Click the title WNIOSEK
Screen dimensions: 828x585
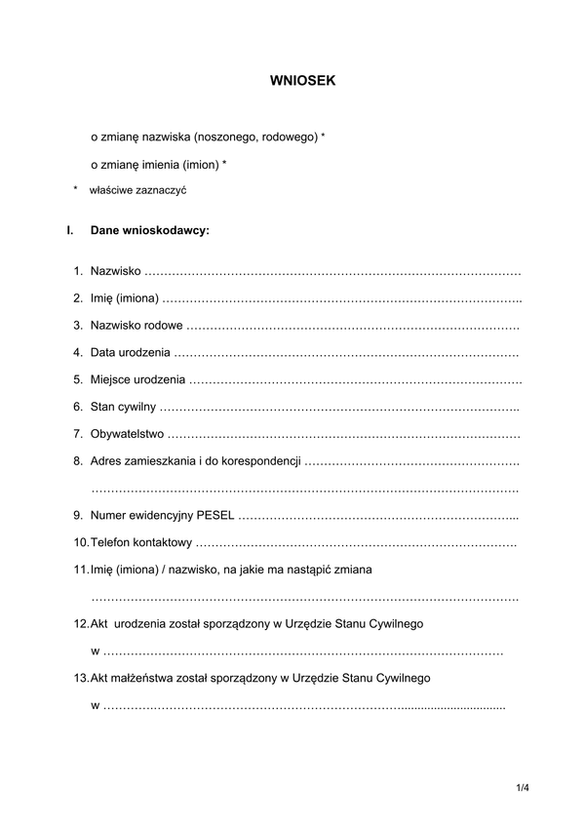point(302,82)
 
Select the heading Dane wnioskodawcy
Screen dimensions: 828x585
point(149,232)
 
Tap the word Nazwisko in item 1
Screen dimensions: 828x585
point(115,269)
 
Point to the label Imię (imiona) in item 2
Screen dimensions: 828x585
point(124,296)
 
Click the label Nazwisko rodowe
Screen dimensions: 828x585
point(136,324)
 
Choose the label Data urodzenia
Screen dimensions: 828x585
point(131,351)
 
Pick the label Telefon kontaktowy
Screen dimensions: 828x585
point(140,541)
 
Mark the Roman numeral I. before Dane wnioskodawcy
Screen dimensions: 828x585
point(69,232)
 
